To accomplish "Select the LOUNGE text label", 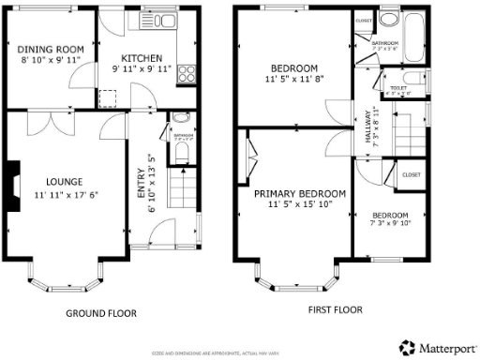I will (x=66, y=182).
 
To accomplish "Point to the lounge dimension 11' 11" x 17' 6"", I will (x=66, y=195).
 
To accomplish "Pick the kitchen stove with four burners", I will (x=186, y=71).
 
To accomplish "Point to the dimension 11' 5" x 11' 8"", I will (x=294, y=81).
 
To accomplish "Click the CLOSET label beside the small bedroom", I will (x=411, y=174).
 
